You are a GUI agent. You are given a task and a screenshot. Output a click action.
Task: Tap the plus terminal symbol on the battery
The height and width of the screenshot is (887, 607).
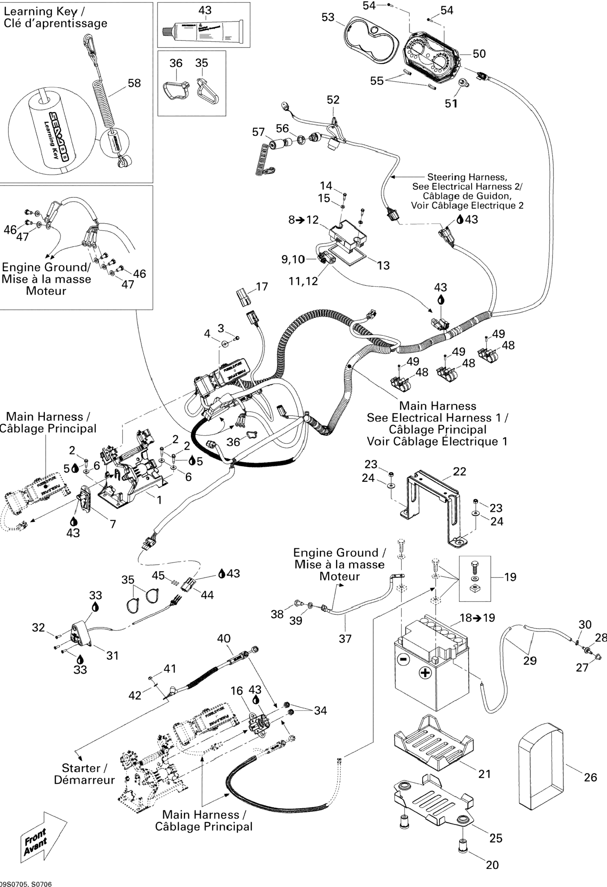424,672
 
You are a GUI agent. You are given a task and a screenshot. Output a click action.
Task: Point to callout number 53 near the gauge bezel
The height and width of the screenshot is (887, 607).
328,17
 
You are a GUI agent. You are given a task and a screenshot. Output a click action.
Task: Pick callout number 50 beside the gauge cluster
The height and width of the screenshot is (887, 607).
479,54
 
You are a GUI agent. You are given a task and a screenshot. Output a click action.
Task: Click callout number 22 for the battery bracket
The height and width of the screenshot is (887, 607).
459,471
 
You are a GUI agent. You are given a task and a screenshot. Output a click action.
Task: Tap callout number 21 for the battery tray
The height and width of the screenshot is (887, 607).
484,774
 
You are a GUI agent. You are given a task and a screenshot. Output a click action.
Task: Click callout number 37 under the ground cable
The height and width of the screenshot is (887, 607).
345,638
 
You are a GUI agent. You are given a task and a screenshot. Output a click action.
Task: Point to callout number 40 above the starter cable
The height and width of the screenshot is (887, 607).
224,638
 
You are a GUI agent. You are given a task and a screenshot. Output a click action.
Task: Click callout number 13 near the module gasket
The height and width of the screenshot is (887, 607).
383,265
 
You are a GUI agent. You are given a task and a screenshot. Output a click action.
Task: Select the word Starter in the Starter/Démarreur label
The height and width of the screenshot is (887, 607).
81,768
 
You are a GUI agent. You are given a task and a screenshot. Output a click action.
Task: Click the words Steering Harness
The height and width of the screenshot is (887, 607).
467,177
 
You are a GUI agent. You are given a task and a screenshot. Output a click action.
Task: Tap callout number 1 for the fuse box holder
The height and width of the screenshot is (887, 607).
159,500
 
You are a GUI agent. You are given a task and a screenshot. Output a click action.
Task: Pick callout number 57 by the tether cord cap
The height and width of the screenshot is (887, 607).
258,132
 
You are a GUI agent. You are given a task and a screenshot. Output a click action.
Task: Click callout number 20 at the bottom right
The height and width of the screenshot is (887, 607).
492,865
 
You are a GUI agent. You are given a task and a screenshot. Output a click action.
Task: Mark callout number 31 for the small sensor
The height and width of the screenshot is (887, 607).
112,655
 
